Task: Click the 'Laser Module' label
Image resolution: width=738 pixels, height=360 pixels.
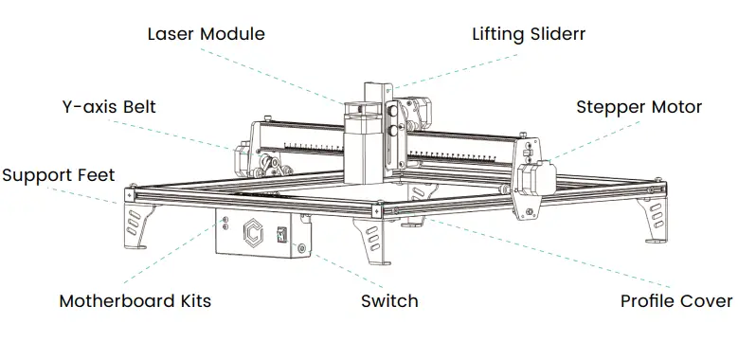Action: (x=206, y=34)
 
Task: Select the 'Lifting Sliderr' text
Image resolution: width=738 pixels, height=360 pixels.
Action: (x=529, y=34)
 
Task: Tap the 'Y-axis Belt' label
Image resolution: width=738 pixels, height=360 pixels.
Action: (x=101, y=107)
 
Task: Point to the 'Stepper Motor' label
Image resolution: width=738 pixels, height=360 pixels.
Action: (x=639, y=107)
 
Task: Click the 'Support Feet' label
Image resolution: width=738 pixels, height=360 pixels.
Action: (x=58, y=175)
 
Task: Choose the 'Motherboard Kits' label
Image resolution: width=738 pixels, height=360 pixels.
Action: (x=135, y=301)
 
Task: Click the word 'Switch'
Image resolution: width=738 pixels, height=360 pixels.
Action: (x=389, y=301)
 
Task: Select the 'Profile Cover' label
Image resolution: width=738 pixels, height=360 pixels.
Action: (x=675, y=301)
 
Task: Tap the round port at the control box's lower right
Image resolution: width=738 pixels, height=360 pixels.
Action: (x=301, y=249)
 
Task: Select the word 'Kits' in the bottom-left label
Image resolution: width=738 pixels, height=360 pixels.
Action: (x=189, y=301)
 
